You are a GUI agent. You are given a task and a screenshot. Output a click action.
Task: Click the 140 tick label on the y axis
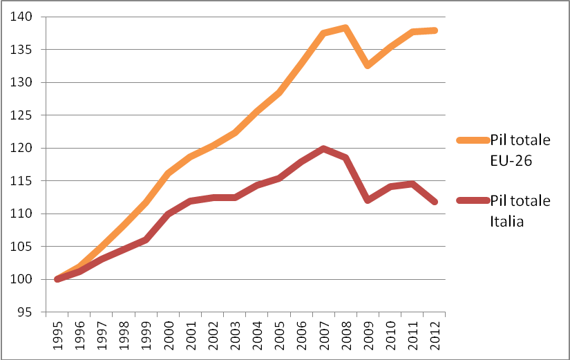[23, 17]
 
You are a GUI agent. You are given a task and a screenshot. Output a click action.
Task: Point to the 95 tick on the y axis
[26, 312]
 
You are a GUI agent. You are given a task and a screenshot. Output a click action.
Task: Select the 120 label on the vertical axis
[23, 148]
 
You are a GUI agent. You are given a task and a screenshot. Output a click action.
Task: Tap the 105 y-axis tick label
[23, 247]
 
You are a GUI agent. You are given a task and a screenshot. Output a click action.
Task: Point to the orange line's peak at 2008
[345, 28]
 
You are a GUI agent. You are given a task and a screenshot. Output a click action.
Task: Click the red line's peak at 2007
[323, 149]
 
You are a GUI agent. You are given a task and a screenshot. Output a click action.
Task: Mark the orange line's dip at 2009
[368, 65]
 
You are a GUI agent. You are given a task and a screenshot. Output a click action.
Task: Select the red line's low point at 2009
[368, 200]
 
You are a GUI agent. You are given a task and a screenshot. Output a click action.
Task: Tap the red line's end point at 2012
[434, 202]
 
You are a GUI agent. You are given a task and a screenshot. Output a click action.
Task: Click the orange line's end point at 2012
[434, 30]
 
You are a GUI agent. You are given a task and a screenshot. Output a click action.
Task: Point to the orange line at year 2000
[168, 173]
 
